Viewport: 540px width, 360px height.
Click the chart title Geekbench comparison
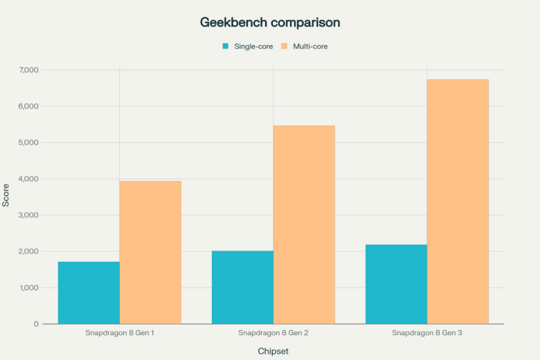269,23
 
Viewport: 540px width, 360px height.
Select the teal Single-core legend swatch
226,46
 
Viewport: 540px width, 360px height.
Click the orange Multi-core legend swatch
284,46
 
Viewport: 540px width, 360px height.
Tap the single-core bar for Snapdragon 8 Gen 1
89,293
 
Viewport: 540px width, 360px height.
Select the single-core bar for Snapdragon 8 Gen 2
243,287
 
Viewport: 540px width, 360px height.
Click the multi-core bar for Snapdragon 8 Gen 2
304,225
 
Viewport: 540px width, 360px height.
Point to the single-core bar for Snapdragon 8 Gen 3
396,284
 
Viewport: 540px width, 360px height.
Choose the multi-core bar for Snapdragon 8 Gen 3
458,201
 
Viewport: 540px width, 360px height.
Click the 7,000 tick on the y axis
30,70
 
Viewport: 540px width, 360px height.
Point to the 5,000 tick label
30,142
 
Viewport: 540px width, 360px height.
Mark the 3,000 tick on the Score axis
30,215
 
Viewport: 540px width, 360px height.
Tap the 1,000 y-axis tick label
30,288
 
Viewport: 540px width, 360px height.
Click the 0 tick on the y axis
36,324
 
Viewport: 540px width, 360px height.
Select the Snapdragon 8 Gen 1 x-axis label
120,334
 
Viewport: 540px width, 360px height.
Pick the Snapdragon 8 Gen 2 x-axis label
273,334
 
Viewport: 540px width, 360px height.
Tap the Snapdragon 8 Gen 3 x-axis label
427,334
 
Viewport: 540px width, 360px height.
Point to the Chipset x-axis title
273,351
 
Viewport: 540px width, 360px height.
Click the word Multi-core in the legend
310,46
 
